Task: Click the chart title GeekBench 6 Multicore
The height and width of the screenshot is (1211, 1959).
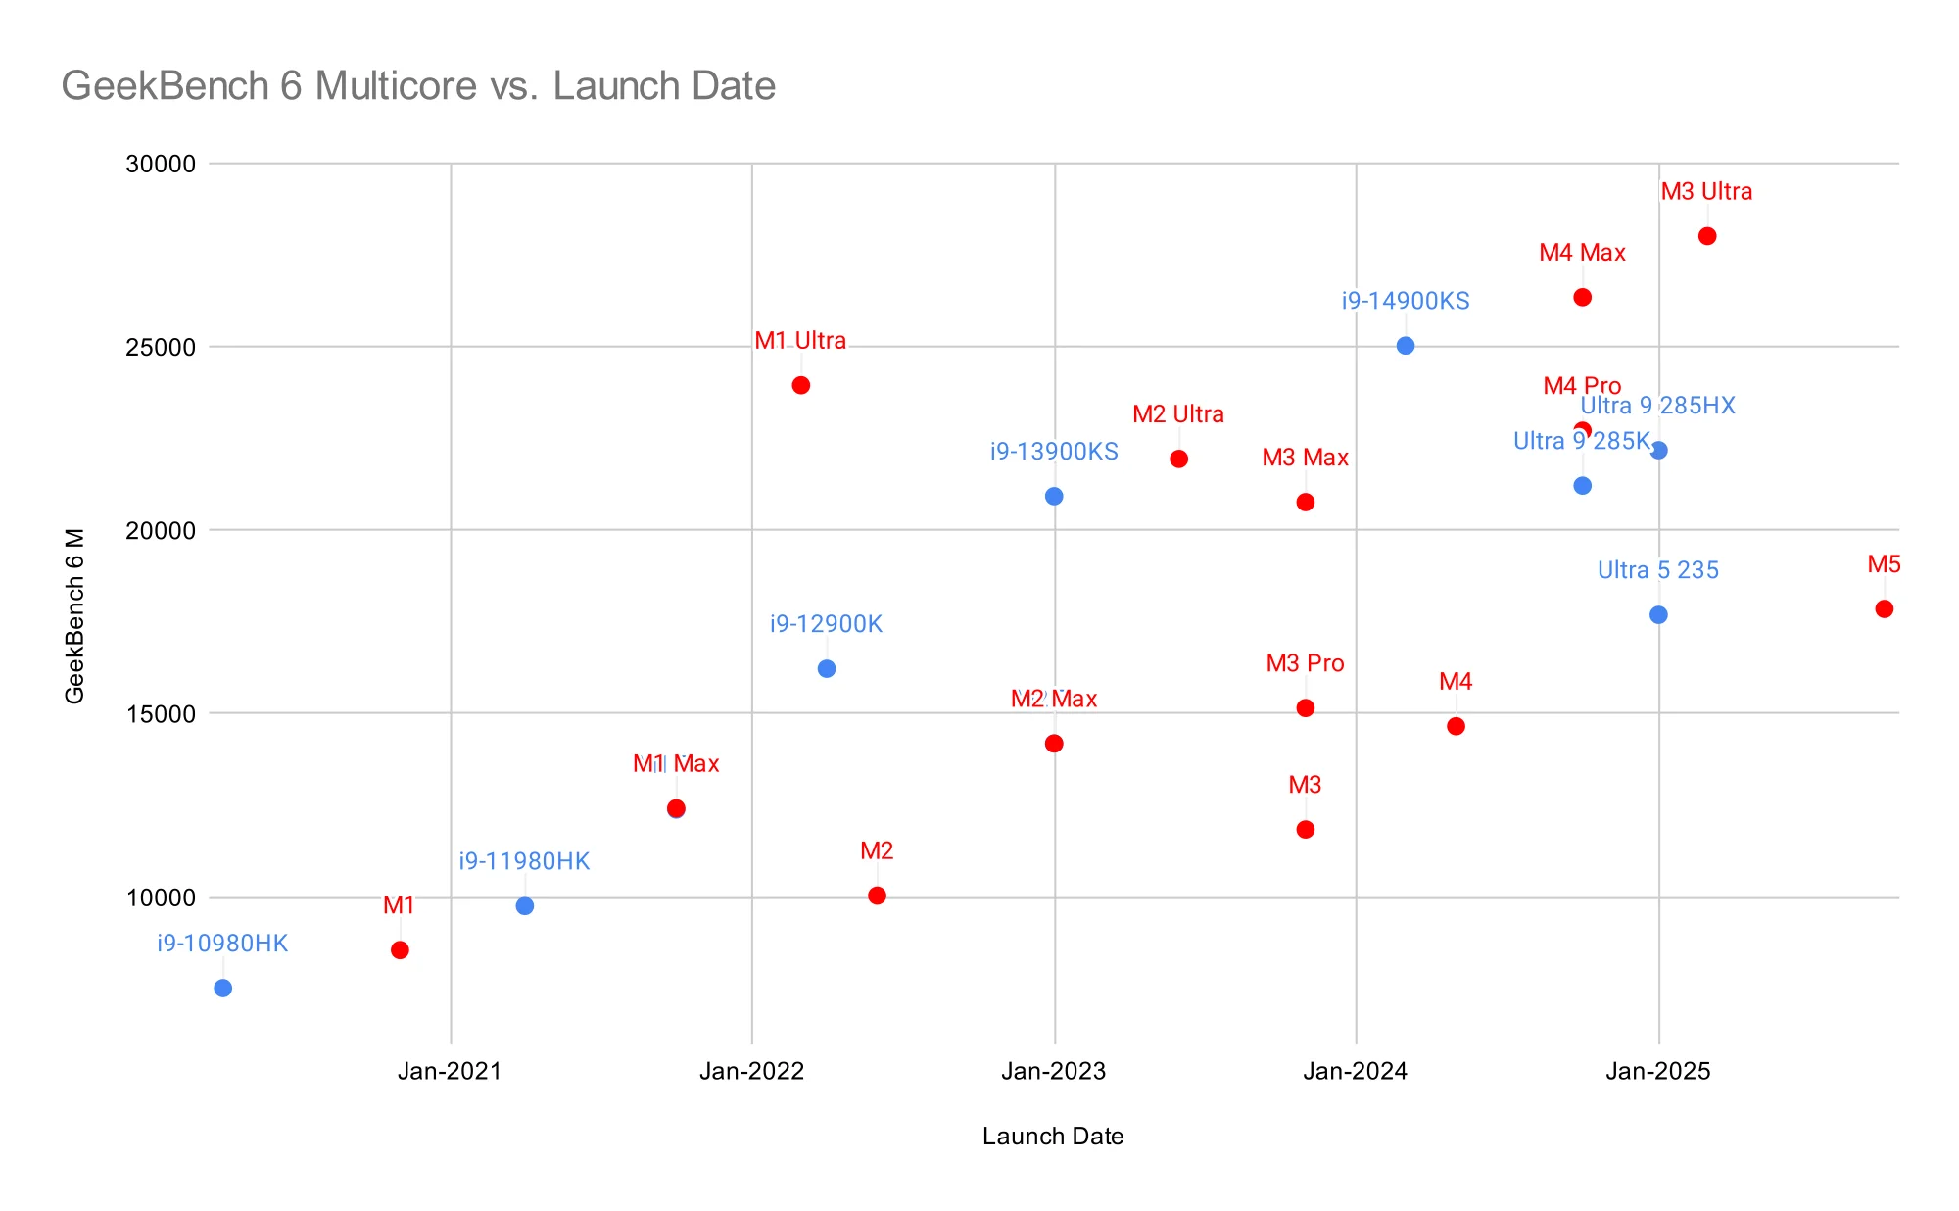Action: point(418,86)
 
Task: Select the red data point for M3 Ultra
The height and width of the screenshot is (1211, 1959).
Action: point(1707,236)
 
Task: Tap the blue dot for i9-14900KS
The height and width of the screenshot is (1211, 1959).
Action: point(1406,346)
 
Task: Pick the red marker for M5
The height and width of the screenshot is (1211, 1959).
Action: point(1885,609)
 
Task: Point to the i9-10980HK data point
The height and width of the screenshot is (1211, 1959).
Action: point(223,988)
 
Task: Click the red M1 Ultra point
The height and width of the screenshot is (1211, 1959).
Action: point(801,385)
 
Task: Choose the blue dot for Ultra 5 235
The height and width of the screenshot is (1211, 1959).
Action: point(1658,615)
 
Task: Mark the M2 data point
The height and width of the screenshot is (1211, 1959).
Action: point(878,896)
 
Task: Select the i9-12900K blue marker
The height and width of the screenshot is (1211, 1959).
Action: point(827,669)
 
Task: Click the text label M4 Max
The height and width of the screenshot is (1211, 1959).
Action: point(1582,253)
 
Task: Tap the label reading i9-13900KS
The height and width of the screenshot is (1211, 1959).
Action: point(1054,452)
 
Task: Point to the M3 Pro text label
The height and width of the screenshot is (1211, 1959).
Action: point(1305,663)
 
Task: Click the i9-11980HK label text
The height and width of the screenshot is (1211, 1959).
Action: point(524,861)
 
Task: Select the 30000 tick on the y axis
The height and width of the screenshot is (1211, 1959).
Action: point(161,164)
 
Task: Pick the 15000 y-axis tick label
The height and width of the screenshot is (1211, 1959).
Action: point(161,714)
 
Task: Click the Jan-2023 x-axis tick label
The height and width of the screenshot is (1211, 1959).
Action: point(1054,1071)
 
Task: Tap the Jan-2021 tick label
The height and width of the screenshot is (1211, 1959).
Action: point(450,1071)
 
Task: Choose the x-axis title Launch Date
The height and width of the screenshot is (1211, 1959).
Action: point(1053,1137)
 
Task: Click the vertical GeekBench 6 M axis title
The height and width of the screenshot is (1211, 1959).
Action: point(75,615)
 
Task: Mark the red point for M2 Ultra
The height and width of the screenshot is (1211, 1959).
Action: point(1179,460)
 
